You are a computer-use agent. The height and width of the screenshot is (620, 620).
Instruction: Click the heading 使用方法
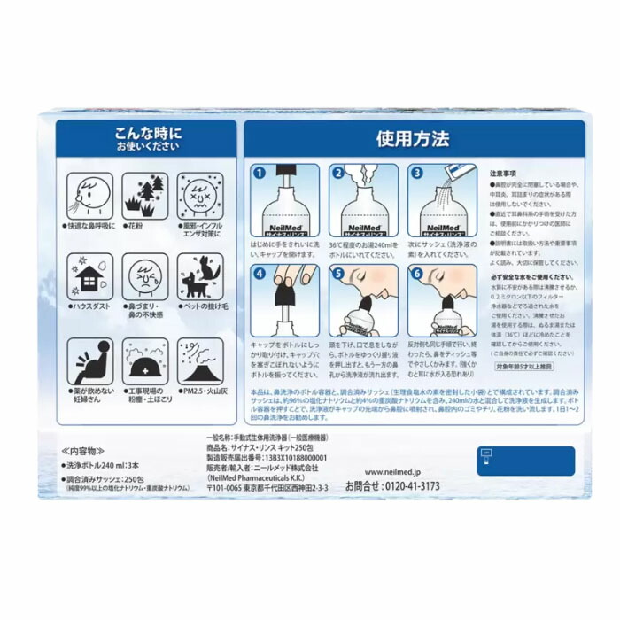point(412,139)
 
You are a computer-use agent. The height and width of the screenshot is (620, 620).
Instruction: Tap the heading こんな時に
point(147,132)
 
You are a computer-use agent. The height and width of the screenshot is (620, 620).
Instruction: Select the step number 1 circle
point(260,174)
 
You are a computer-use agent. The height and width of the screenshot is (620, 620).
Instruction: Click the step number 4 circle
point(260,274)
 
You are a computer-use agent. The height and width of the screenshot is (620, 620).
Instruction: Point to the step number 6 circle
point(415,274)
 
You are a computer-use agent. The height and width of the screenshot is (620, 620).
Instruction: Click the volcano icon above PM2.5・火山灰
point(199,361)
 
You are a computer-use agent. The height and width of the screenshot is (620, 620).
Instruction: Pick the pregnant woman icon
point(90,361)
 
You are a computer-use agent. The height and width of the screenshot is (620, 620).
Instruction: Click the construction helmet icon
point(145,361)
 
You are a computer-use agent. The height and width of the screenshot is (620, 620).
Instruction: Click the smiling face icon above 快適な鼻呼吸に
point(90,192)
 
